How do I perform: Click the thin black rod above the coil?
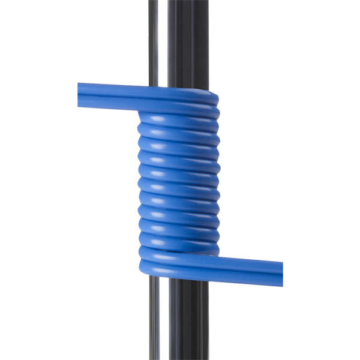click(x=154, y=42)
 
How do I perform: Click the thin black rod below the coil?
click(x=154, y=318)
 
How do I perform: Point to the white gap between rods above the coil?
click(x=163, y=42)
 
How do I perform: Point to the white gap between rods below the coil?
click(x=164, y=318)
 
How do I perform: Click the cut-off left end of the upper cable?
click(x=79, y=95)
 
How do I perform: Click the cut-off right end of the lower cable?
click(x=280, y=272)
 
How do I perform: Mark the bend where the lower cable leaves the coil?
click(x=147, y=261)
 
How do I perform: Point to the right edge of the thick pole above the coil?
click(x=206, y=42)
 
